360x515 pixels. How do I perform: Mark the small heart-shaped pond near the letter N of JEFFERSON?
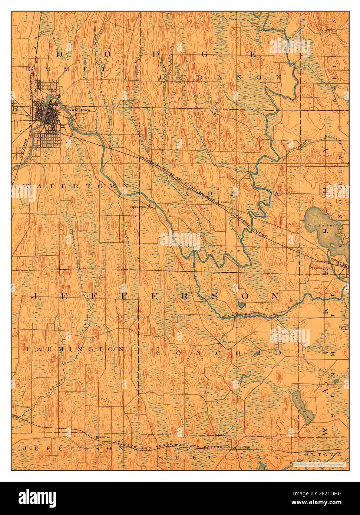[x=241, y=305]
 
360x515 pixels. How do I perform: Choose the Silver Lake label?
[x=343, y=328]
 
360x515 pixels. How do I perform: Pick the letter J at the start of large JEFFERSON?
[x=33, y=296]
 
